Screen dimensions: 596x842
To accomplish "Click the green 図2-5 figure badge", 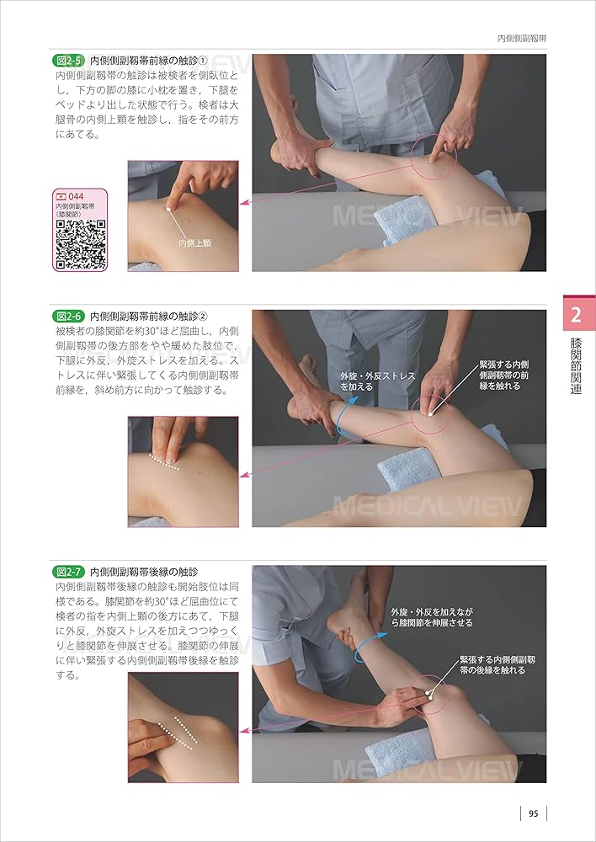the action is coord(69,60).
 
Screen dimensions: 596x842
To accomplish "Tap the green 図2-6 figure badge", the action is coord(69,316).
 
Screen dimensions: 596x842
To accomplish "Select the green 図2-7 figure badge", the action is coord(69,572).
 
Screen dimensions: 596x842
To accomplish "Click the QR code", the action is coord(81,244).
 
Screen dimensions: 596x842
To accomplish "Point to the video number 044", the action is coord(77,197).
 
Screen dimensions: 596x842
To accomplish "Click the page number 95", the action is coord(533,813).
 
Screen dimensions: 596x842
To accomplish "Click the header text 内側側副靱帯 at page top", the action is coord(522,39).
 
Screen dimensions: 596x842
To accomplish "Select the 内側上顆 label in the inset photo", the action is coord(194,243).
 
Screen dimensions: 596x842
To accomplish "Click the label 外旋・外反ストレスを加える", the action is coord(377,381).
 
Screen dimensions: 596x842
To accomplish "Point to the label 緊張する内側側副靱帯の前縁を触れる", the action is coord(503,376).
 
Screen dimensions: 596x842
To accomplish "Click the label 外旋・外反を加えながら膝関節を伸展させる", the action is coord(432,617).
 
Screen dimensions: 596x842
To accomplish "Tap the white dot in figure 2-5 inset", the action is coord(168,209).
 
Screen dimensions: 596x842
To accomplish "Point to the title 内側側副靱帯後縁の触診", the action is coord(144,572).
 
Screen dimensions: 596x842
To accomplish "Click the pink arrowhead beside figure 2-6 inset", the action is coord(243,475).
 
